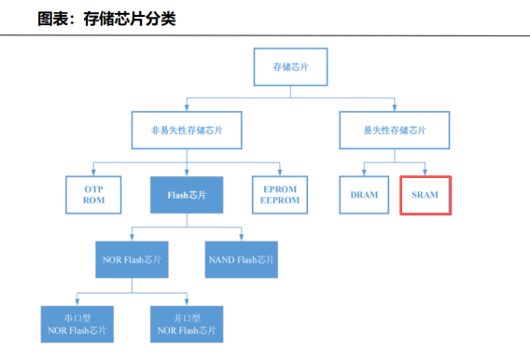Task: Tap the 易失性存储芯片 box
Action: click(394, 132)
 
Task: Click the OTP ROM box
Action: click(91, 195)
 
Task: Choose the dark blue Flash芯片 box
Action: click(187, 195)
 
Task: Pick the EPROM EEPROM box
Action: click(280, 195)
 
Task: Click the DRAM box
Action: click(364, 195)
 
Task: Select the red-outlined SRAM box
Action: click(425, 195)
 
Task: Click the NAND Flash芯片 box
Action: click(241, 258)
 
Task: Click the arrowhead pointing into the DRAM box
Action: click(364, 173)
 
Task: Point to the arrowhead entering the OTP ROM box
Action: click(91, 173)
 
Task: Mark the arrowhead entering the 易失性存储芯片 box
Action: click(394, 110)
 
